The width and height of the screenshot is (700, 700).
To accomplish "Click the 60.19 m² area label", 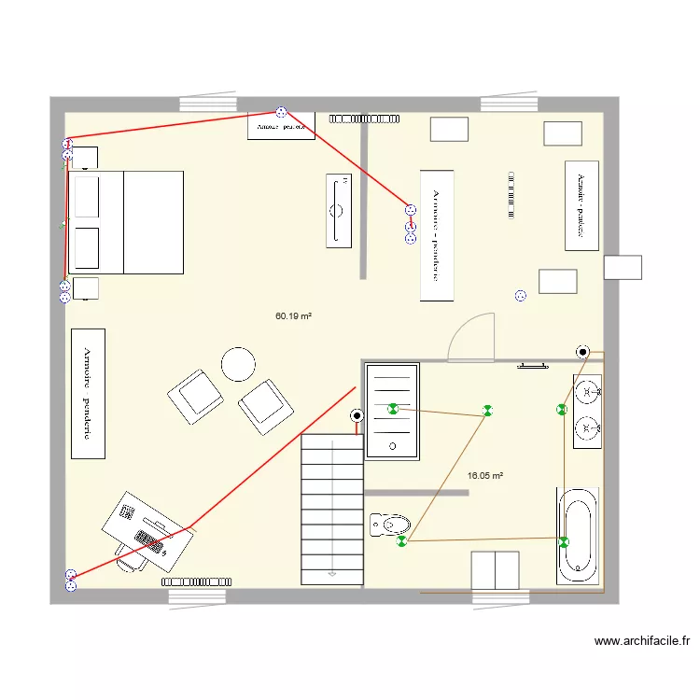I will (293, 316).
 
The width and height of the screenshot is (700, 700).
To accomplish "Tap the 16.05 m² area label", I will (484, 475).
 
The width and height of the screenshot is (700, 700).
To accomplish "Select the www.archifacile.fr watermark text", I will (642, 641).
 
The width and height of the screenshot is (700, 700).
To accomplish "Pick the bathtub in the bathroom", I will (578, 536).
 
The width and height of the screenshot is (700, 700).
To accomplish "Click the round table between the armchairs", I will (238, 364).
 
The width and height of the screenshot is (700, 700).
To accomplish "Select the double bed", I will (126, 222).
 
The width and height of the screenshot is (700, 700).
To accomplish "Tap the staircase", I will (331, 509).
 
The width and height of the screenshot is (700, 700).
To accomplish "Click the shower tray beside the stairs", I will (392, 411).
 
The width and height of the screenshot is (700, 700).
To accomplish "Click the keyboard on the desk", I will (149, 542).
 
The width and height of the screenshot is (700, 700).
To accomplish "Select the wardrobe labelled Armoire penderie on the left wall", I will (89, 393).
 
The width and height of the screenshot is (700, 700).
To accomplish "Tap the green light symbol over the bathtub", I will (564, 541).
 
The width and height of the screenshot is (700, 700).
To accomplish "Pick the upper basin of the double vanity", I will (587, 392).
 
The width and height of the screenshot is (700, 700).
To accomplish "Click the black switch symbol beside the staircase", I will (357, 416).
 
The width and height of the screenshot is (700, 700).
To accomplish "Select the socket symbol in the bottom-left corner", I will (70, 580).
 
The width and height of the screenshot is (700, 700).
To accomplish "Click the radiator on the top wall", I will (364, 119).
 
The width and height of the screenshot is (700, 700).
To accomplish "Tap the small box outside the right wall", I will (623, 267).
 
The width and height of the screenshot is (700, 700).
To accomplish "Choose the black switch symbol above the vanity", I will (583, 352).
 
